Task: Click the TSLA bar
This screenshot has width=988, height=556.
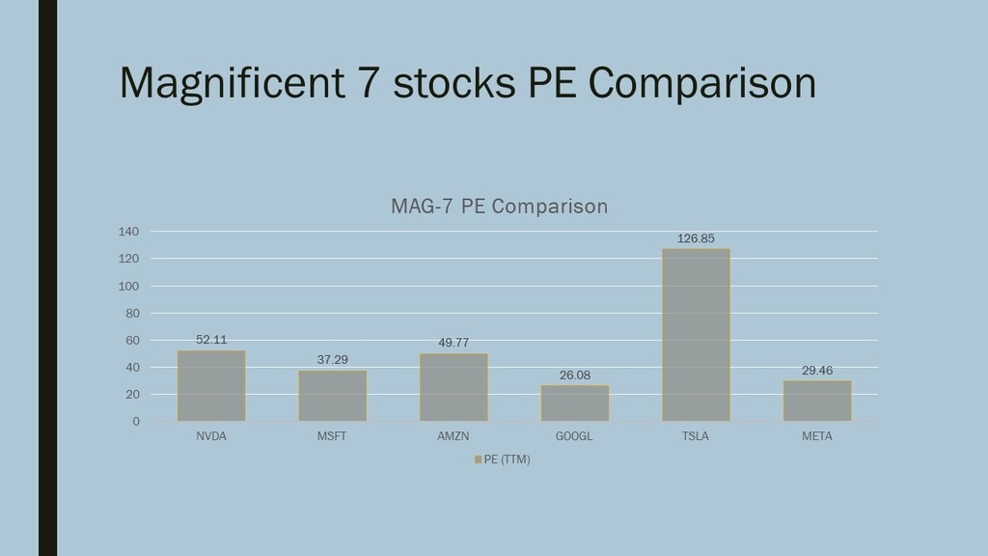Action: click(696, 335)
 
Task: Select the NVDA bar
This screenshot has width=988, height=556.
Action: click(211, 386)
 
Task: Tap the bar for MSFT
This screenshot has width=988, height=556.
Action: click(332, 396)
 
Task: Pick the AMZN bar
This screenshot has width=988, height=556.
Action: click(453, 387)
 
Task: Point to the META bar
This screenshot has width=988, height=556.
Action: click(816, 401)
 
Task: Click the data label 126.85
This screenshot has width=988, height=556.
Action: click(696, 238)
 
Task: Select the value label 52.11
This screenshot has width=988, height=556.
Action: click(211, 340)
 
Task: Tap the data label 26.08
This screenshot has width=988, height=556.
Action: click(575, 375)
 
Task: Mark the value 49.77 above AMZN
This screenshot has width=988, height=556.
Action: click(453, 343)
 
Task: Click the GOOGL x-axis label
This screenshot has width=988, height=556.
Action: click(575, 436)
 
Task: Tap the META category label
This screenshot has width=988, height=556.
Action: click(816, 436)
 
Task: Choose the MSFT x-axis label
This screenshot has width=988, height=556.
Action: click(332, 436)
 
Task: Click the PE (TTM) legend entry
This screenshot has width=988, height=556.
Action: click(503, 459)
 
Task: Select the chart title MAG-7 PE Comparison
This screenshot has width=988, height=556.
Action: click(499, 207)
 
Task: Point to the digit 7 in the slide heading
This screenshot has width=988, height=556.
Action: click(369, 83)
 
